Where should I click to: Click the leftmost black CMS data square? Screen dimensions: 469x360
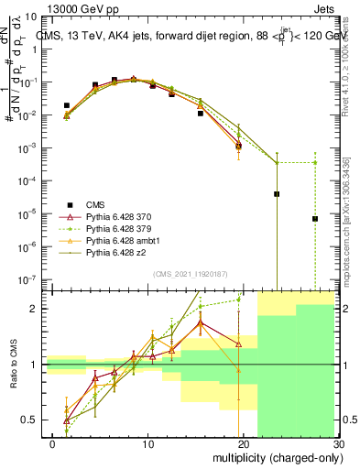66,106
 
